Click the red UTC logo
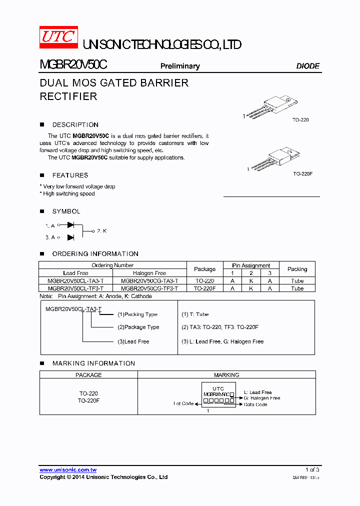(58, 37)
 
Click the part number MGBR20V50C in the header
(73, 65)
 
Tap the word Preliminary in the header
(180, 66)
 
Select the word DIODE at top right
(307, 66)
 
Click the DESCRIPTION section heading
(75, 124)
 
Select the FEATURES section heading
(70, 175)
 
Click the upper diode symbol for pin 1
(70, 225)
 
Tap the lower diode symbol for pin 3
(70, 237)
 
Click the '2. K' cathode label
(101, 231)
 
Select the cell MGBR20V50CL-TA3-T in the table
(76, 281)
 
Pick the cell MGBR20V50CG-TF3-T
(149, 288)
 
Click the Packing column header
(297, 269)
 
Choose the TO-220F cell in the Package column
(204, 288)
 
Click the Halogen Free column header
(149, 273)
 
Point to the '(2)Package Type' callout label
(138, 327)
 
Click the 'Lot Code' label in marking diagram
(183, 403)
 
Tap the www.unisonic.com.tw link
(68, 469)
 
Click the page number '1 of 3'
(312, 469)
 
